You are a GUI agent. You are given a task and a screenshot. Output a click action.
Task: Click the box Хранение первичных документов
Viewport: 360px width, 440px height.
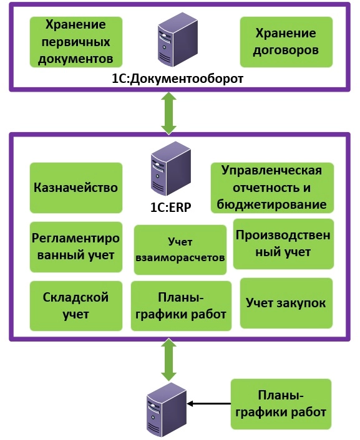[76, 42]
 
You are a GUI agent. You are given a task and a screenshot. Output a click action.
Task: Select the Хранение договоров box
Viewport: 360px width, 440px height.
[286, 42]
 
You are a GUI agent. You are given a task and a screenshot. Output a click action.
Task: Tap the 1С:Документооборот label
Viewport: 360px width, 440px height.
[177, 79]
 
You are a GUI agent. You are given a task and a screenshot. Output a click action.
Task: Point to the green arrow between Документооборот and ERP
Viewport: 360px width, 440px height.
[169, 113]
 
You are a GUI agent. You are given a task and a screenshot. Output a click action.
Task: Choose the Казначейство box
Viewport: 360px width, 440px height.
[76, 188]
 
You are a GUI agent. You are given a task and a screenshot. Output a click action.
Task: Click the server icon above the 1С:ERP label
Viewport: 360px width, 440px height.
[170, 169]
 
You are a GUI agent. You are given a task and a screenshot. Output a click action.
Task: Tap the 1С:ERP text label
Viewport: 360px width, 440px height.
[170, 207]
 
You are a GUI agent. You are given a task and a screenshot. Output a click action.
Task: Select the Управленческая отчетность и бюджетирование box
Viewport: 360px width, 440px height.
[272, 188]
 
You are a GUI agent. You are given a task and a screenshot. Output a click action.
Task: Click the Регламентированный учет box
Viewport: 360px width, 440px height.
[76, 247]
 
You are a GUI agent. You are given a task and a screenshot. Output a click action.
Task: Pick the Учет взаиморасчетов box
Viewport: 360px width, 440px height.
[180, 250]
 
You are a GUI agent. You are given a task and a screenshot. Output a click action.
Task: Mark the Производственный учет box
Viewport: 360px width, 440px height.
[283, 244]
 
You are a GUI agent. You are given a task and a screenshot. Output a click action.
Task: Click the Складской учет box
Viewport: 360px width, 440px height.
[76, 306]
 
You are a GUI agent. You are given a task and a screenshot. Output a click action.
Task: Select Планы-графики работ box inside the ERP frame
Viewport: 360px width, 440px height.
[181, 306]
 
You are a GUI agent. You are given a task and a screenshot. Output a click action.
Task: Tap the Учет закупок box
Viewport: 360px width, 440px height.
[286, 303]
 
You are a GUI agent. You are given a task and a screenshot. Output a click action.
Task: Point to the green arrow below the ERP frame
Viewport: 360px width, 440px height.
[169, 360]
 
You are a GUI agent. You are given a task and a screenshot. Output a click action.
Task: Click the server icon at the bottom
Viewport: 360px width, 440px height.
[167, 410]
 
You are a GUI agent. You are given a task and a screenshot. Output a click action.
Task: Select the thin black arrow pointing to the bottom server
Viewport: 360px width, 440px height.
[209, 404]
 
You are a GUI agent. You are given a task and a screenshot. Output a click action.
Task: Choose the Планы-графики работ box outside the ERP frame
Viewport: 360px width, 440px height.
[281, 404]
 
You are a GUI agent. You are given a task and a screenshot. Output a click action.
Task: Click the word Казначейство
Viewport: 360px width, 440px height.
[76, 188]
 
